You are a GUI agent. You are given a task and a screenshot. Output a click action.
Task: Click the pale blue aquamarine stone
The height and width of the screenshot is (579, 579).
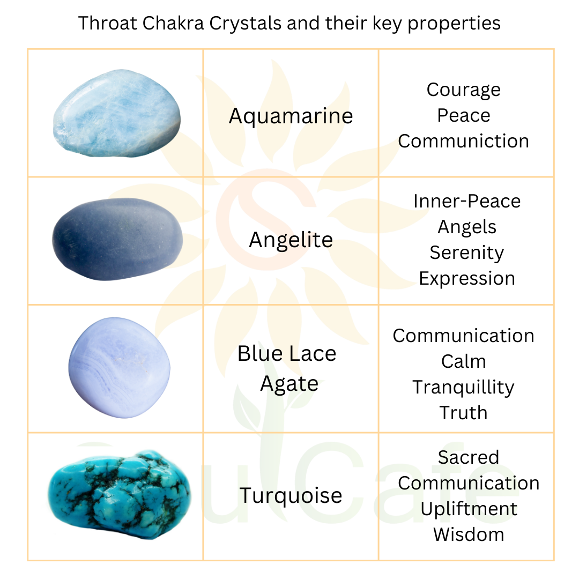pyautogui.click(x=117, y=113)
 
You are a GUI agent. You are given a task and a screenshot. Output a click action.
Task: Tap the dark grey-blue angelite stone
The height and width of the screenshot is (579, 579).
pyautogui.click(x=117, y=239)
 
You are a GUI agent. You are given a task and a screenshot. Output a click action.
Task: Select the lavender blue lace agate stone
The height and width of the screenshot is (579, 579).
pyautogui.click(x=119, y=368)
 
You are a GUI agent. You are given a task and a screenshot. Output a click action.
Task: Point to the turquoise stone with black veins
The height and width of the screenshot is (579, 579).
pyautogui.click(x=119, y=495)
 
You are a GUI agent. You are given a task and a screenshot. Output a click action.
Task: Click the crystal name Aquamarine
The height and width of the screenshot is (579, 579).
pyautogui.click(x=291, y=116)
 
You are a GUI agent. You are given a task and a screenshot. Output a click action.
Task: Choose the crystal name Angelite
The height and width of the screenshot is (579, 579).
pyautogui.click(x=291, y=240)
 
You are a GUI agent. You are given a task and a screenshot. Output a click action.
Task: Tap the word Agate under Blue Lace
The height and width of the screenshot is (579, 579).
pyautogui.click(x=289, y=384)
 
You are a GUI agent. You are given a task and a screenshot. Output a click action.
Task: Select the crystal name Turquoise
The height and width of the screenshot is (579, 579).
pyautogui.click(x=291, y=495)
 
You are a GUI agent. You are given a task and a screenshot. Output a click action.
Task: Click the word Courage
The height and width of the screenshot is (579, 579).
pyautogui.click(x=463, y=90)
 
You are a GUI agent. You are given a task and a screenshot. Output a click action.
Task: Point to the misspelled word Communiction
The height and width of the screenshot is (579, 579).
pyautogui.click(x=463, y=141)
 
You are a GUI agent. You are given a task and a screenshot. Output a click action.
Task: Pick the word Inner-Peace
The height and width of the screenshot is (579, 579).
pyautogui.click(x=466, y=201)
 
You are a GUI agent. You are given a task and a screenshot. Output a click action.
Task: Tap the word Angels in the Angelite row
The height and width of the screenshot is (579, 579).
pyautogui.click(x=466, y=227)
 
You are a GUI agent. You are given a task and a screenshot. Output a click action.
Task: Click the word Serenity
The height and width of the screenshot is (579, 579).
pyautogui.click(x=466, y=253)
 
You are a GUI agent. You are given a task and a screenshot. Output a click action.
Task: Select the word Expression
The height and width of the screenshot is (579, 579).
pyautogui.click(x=466, y=278)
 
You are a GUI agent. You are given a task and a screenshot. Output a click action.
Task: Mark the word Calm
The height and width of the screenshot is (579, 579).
pyautogui.click(x=463, y=361)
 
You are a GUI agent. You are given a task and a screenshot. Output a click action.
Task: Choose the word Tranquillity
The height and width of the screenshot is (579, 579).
pyautogui.click(x=463, y=387)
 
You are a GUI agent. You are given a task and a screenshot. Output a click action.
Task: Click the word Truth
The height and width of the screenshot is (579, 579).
pyautogui.click(x=463, y=413)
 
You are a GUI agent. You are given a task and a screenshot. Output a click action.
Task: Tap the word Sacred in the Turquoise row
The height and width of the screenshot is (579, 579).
pyautogui.click(x=468, y=457)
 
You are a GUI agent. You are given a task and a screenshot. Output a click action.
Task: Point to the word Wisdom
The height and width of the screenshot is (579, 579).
pyautogui.click(x=468, y=535)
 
